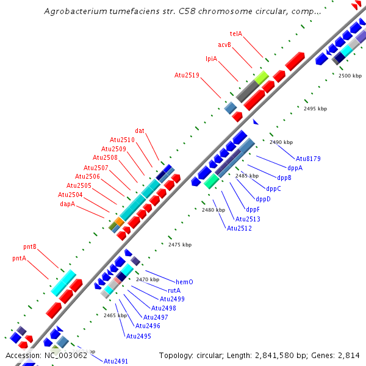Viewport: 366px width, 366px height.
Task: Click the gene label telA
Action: pos(236,34)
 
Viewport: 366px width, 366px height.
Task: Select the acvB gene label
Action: pos(224,45)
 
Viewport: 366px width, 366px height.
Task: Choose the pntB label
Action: pos(30,247)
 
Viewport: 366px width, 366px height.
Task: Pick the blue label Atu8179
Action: pos(308,159)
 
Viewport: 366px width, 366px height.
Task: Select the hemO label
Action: pos(184,282)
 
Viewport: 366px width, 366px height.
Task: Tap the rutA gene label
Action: pos(174,290)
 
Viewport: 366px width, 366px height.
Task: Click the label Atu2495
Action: pos(138,336)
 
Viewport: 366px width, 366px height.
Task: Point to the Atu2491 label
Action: pos(116,361)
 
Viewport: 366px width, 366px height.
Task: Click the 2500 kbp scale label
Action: pos(350,76)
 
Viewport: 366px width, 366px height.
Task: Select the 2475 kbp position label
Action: pos(180,245)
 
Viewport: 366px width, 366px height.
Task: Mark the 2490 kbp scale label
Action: pos(281,142)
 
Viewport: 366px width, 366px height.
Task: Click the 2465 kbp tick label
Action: pos(115,315)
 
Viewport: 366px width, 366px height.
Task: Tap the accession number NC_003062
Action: pos(65,355)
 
